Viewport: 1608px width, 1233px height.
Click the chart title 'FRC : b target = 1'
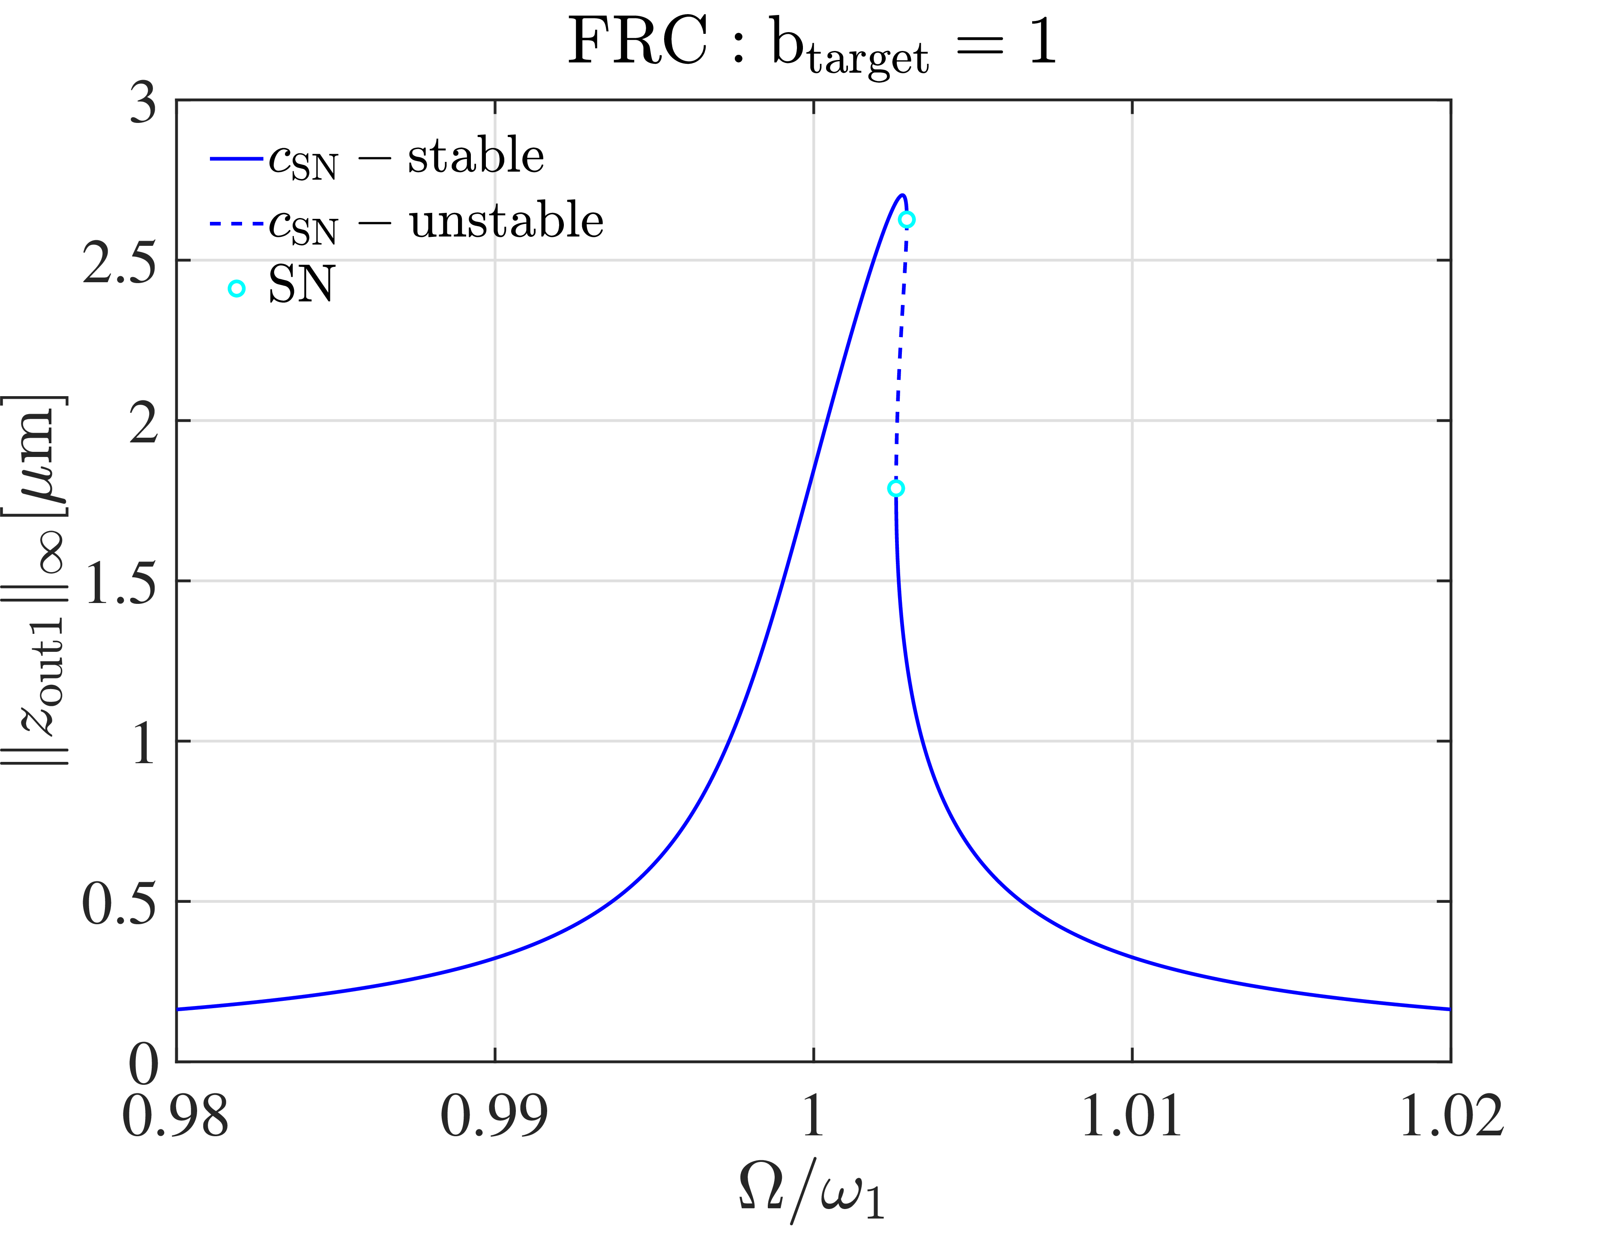(x=811, y=44)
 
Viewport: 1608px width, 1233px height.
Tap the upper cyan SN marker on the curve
(x=907, y=219)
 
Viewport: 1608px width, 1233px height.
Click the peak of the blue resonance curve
(x=902, y=195)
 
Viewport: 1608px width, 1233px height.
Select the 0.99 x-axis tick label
(x=494, y=1117)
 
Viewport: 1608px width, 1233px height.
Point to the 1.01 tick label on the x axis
(x=1132, y=1117)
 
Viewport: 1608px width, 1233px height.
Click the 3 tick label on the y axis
(x=143, y=103)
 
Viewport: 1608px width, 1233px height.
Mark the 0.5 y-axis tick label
(x=119, y=904)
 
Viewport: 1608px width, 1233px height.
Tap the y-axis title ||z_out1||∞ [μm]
(x=37, y=580)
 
